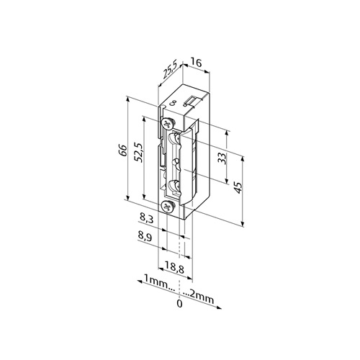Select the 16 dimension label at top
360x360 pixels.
[196, 63]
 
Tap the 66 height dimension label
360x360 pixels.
[122, 150]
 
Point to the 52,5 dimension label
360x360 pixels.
[139, 153]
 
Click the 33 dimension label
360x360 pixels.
[222, 158]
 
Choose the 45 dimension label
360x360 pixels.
[238, 187]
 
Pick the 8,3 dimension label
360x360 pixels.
[146, 219]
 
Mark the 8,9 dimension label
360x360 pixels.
[145, 236]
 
